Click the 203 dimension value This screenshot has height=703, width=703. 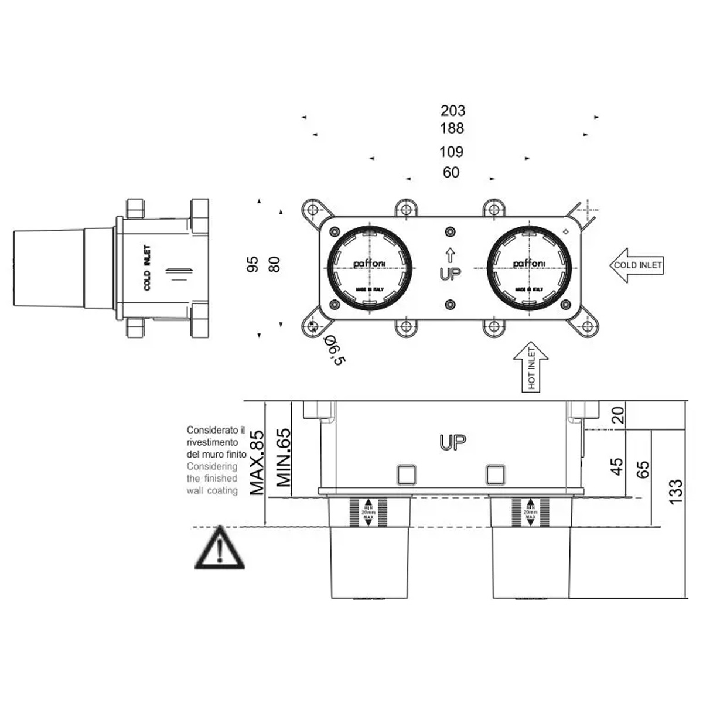(x=453, y=110)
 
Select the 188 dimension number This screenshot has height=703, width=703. (x=452, y=128)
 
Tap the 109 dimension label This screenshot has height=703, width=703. (x=451, y=152)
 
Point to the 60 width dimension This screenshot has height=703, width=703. (x=451, y=173)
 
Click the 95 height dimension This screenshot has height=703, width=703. (x=253, y=264)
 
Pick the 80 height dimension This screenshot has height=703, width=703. (x=274, y=264)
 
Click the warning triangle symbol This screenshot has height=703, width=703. (x=219, y=550)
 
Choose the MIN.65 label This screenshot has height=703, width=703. (x=284, y=458)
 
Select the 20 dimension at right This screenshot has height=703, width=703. (x=619, y=415)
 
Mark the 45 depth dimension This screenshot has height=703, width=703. (x=617, y=466)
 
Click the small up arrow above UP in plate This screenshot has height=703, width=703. (x=450, y=255)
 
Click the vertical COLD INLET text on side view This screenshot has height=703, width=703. (x=146, y=268)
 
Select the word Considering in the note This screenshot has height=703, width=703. (x=212, y=466)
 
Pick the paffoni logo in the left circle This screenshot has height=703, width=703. (x=370, y=264)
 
